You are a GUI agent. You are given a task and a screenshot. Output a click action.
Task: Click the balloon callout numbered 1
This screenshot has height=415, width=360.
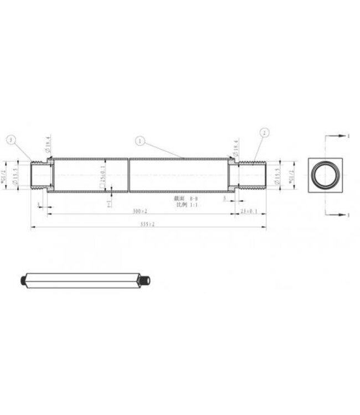tap(140, 142)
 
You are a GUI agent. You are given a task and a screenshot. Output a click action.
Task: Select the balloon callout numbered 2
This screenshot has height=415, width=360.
tap(265, 133)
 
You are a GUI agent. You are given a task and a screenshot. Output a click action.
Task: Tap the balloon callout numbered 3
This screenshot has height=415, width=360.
tap(12, 140)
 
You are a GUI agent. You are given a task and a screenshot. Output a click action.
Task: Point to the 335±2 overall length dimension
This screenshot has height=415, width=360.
tap(147, 224)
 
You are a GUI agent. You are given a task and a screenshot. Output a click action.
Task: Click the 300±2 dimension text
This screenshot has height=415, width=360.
tap(140, 211)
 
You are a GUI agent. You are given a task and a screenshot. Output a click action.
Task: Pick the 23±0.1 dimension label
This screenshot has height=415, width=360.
tap(250, 211)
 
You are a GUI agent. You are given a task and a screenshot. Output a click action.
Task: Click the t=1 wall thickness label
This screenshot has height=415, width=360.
tap(110, 203)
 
